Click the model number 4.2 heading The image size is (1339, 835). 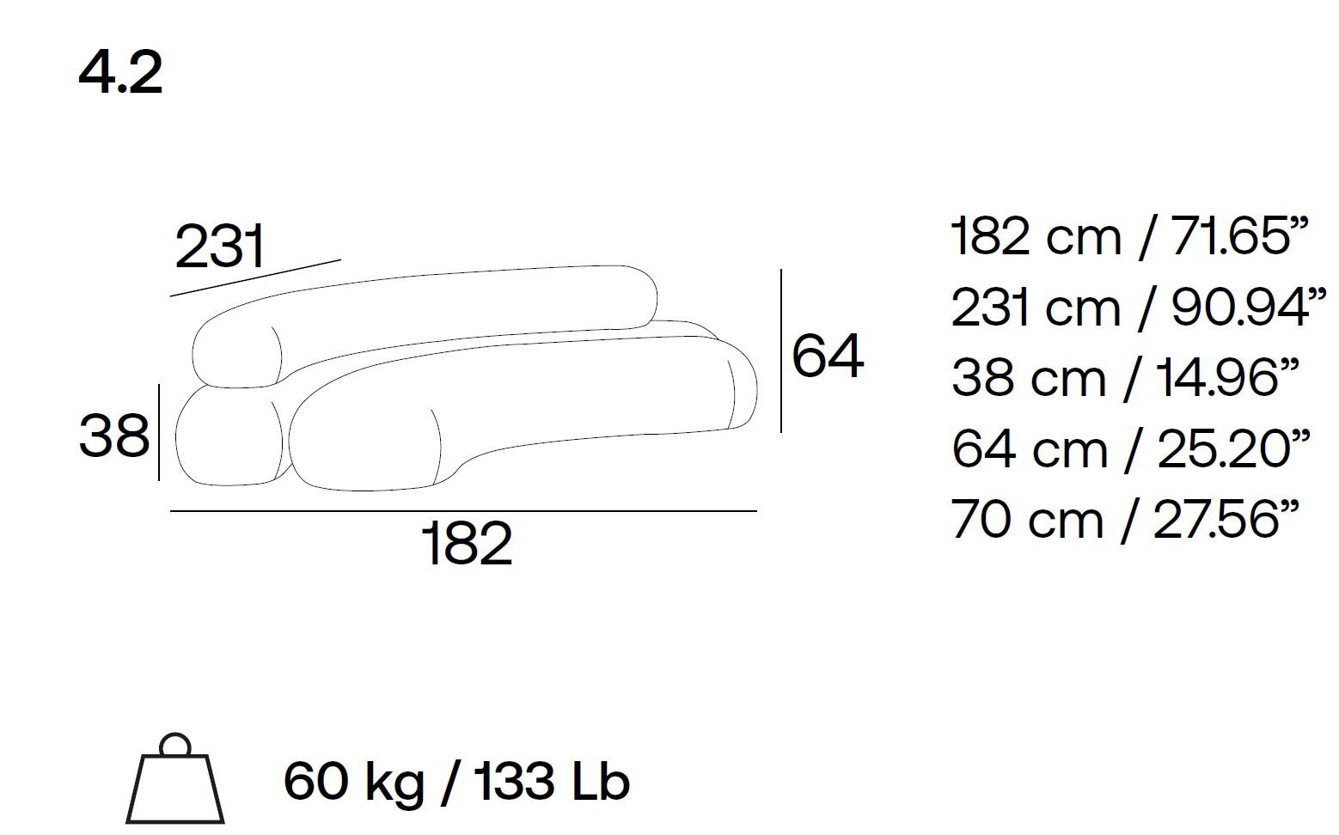[x=120, y=74]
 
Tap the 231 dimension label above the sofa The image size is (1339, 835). [x=219, y=247]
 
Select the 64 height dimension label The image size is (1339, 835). [x=828, y=356]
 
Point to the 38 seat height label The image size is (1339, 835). [x=114, y=436]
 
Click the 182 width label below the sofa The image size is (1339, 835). [x=468, y=543]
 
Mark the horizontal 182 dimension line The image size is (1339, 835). [x=463, y=511]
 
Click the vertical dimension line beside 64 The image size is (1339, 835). [x=781, y=350]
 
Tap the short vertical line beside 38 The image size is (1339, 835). [x=159, y=432]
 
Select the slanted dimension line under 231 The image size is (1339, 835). [x=255, y=278]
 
